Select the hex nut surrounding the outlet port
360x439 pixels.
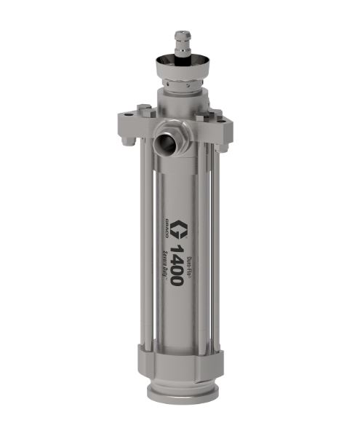(x=172, y=134)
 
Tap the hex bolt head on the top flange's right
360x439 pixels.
(x=216, y=114)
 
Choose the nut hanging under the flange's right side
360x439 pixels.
(x=225, y=145)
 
